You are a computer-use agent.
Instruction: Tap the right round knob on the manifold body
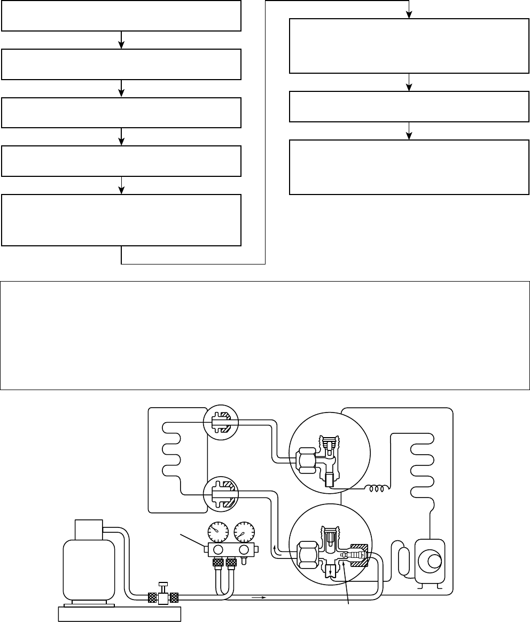coord(244,550)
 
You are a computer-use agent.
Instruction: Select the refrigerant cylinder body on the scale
coord(88,569)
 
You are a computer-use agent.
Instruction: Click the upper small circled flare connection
coord(220,422)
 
